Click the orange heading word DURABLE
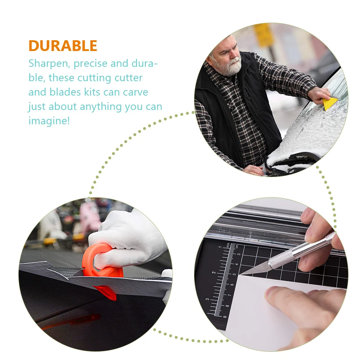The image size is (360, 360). [x=63, y=46]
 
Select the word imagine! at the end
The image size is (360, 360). [x=49, y=121]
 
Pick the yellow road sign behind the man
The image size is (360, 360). [x=263, y=35]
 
